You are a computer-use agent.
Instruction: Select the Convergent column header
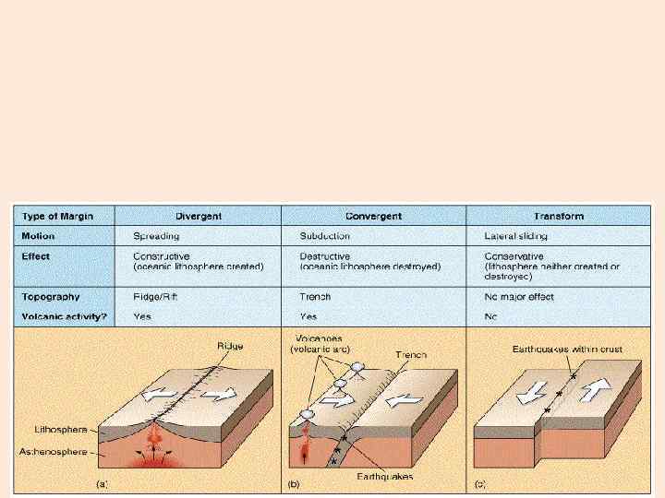tap(373, 217)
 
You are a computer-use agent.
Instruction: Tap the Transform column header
tap(558, 217)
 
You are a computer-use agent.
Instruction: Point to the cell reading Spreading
tap(157, 236)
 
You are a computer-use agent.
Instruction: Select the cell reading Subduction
tap(327, 236)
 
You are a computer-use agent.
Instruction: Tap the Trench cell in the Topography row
tap(316, 297)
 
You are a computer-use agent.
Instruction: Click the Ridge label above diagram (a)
tap(231, 346)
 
